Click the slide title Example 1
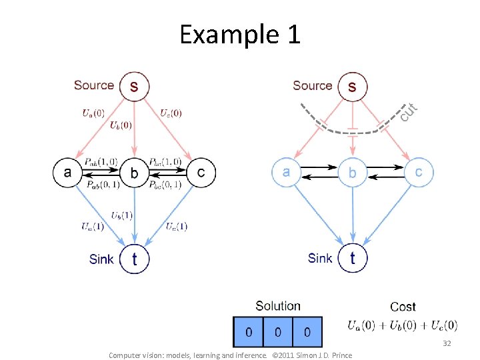coord(240,34)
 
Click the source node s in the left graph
coord(134,86)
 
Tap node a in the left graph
coord(67,173)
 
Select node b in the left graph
coord(135,173)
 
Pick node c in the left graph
coord(201,173)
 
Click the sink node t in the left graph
coord(135,259)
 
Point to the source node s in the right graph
coord(353,86)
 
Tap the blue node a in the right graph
coord(286,172)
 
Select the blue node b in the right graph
coord(353,172)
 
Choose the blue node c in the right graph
coord(419,172)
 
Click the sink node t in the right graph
coord(353,258)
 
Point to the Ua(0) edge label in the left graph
coord(93,113)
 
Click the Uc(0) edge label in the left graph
coord(171,113)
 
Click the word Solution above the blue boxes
coord(278,306)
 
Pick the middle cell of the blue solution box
coord(277,331)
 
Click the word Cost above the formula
coord(403,307)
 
